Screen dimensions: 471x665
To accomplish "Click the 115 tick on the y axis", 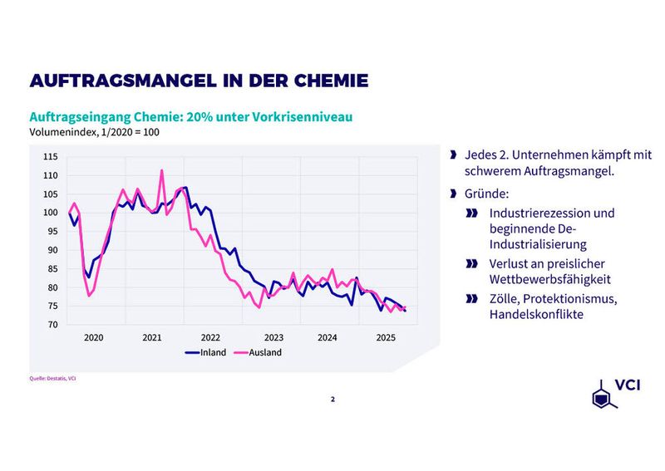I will (x=50, y=157).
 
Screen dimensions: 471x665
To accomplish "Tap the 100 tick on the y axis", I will (x=50, y=213).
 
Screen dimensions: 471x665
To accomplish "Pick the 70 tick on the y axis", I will (x=52, y=325).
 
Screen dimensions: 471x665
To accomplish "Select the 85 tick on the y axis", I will (x=52, y=269).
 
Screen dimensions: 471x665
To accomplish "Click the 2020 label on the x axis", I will (x=93, y=338).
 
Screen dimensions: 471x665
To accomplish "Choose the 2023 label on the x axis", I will (x=273, y=338).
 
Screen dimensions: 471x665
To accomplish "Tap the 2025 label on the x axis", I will (x=386, y=338).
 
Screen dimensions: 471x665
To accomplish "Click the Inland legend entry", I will (x=213, y=352).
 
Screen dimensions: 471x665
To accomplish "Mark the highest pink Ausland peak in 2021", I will (x=161, y=170).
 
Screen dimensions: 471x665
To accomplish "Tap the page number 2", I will (x=332, y=399).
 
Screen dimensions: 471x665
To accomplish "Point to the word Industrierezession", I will (x=552, y=213).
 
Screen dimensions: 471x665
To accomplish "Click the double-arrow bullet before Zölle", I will (x=472, y=298).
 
